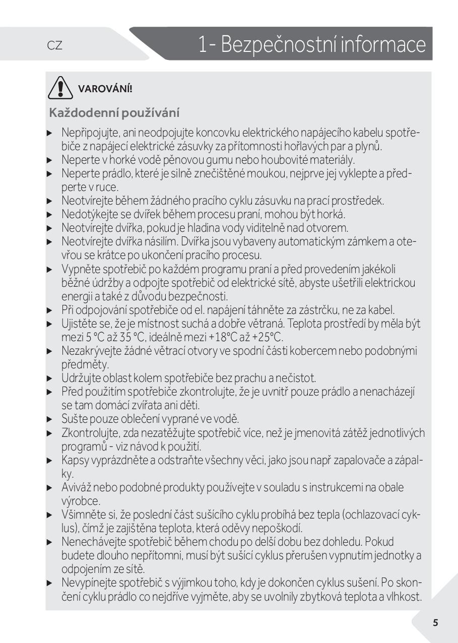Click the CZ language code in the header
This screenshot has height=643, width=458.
point(54,45)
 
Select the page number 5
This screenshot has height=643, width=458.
point(435,622)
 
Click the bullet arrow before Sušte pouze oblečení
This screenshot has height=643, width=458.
point(49,419)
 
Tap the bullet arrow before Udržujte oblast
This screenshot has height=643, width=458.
point(49,378)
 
